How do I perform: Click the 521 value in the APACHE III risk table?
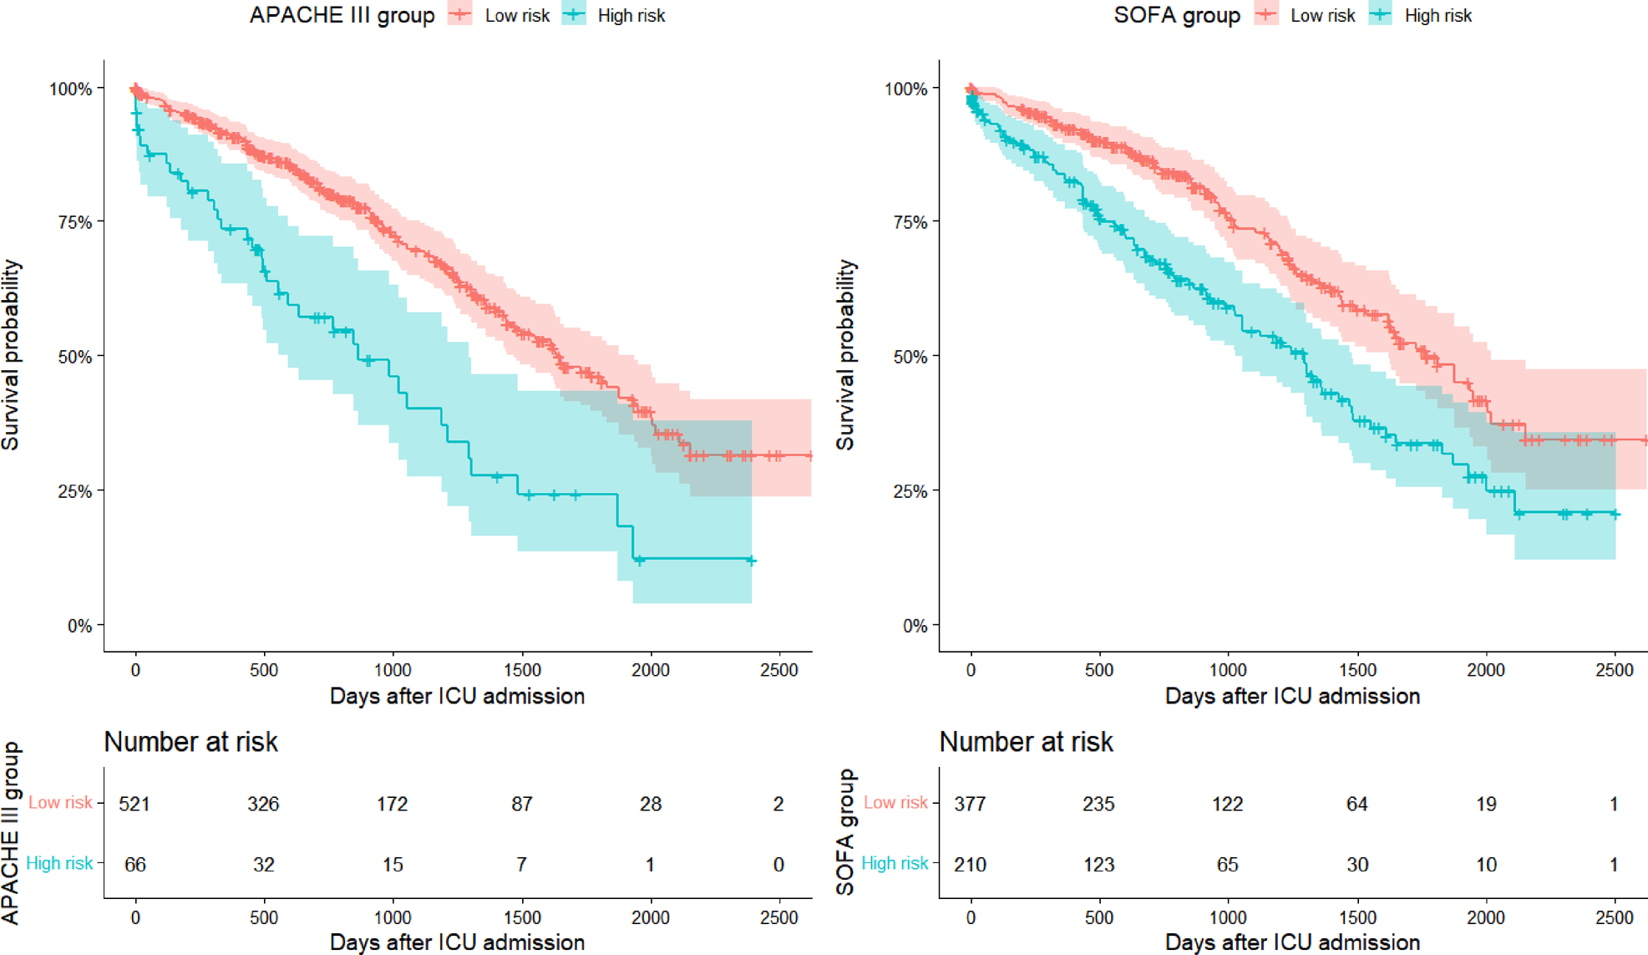coord(134,804)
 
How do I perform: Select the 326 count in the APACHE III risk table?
coord(263,804)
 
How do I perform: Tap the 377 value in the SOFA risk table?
coord(970,804)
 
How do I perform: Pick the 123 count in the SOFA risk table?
coord(1098,864)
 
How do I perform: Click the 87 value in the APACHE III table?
coord(521,804)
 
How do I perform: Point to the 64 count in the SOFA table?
coord(1356,804)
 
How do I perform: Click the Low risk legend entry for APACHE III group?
coord(516,16)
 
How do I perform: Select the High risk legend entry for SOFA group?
coord(1437,16)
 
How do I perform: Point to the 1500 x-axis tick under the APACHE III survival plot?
coord(521,670)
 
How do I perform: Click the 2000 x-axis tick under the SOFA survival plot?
coord(1485,670)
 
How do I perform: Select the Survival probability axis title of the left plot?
coord(11,355)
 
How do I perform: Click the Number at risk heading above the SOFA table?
coord(1026,742)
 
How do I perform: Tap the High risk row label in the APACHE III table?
coord(59,863)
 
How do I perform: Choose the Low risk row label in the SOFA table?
coord(895,803)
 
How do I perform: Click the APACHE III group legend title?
coord(342,16)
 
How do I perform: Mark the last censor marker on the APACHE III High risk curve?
coord(751,561)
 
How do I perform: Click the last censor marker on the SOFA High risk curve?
coord(1615,515)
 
